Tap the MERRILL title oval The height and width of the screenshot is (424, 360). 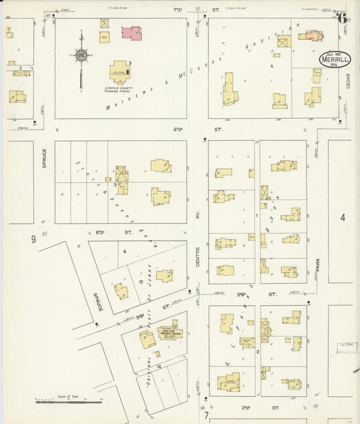(336, 59)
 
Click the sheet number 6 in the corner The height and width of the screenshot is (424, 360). (342, 18)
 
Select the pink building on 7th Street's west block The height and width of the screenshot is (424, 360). (131, 32)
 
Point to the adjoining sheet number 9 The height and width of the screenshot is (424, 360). (32, 239)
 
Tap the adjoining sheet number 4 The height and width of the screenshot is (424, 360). (342, 217)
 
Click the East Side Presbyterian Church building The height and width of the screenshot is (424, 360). (168, 333)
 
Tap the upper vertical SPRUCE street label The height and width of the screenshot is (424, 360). (44, 158)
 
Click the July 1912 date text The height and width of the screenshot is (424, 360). (334, 53)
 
